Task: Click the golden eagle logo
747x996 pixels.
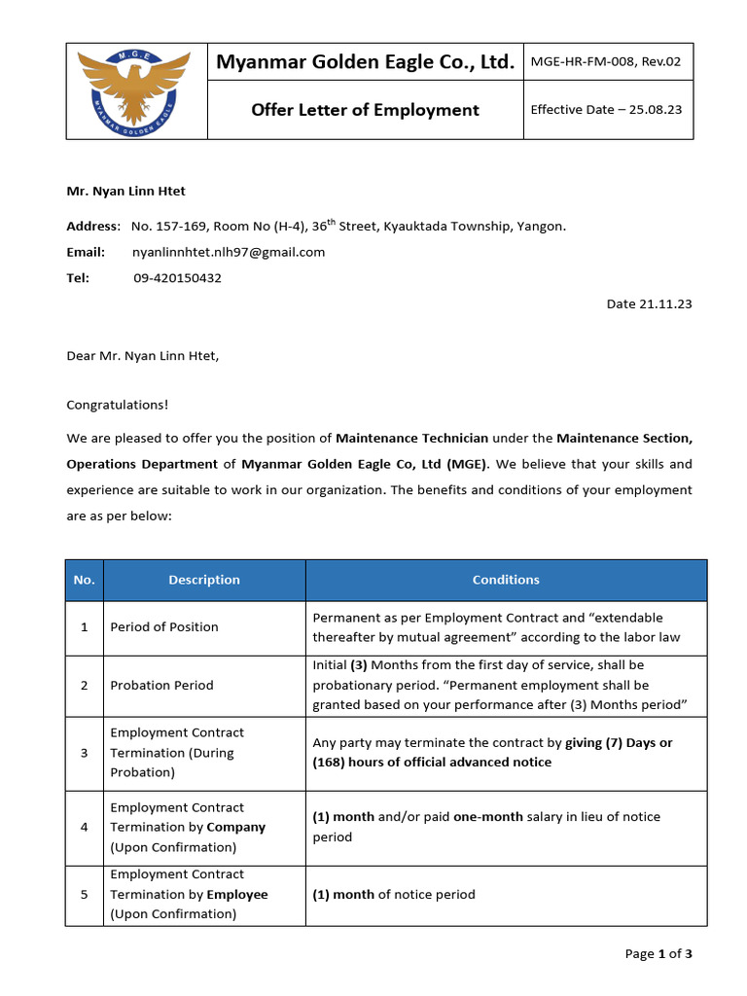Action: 137,90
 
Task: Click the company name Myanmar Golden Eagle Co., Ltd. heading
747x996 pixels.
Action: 365,63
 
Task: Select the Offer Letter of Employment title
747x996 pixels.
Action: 365,110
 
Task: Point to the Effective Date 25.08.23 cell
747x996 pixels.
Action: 606,109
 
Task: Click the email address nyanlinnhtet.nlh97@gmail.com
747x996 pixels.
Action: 228,252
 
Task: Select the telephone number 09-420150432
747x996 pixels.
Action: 177,278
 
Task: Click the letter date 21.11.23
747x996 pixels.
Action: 649,304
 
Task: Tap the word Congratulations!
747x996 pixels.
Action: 117,405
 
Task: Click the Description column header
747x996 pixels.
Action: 204,580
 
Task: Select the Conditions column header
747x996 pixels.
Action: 506,580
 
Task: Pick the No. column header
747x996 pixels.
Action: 85,580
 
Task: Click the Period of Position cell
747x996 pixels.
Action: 164,627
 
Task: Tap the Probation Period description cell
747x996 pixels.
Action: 161,685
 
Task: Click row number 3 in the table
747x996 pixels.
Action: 85,753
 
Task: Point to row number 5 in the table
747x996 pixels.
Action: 85,895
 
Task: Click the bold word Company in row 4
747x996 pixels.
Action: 235,828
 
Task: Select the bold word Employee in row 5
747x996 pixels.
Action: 237,895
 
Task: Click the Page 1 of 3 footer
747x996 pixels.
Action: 658,954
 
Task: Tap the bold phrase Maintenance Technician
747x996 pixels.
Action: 411,439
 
